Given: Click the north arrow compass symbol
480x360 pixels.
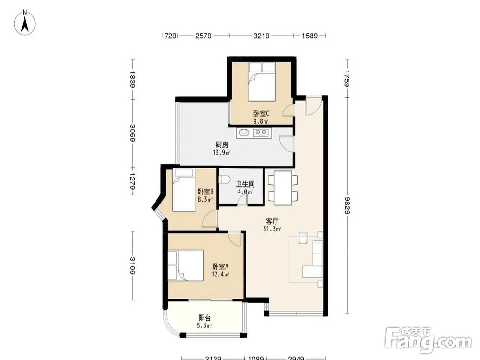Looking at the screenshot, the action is pyautogui.click(x=25, y=22).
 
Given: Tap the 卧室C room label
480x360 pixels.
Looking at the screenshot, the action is pyautogui.click(x=261, y=114).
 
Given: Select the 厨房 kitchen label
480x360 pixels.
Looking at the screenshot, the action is pyautogui.click(x=222, y=145).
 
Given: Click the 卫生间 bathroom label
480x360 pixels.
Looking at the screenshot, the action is pyautogui.click(x=245, y=184).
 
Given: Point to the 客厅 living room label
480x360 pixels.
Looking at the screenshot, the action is pyautogui.click(x=272, y=221).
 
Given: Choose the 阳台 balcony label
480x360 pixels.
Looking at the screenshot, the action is pyautogui.click(x=204, y=318).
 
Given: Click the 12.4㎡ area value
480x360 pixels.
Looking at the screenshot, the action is pyautogui.click(x=220, y=274).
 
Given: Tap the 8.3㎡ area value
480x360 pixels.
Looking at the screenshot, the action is pyautogui.click(x=205, y=200).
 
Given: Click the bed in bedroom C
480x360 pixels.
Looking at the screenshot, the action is pyautogui.click(x=261, y=82).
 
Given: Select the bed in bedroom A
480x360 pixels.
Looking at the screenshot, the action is pyautogui.click(x=185, y=265).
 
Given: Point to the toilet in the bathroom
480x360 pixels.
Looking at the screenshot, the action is pyautogui.click(x=224, y=180).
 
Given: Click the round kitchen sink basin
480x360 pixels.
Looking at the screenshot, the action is pyautogui.click(x=244, y=132).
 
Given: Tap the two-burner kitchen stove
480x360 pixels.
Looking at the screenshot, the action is pyautogui.click(x=261, y=132).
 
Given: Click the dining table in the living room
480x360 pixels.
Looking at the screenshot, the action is pyautogui.click(x=283, y=188).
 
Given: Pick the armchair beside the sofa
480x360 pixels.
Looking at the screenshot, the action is pyautogui.click(x=303, y=238).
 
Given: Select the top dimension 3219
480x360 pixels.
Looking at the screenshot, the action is pyautogui.click(x=262, y=36).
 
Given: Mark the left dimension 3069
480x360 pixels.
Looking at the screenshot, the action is pyautogui.click(x=132, y=133).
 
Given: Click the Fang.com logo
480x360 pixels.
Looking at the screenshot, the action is pyautogui.click(x=428, y=340).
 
